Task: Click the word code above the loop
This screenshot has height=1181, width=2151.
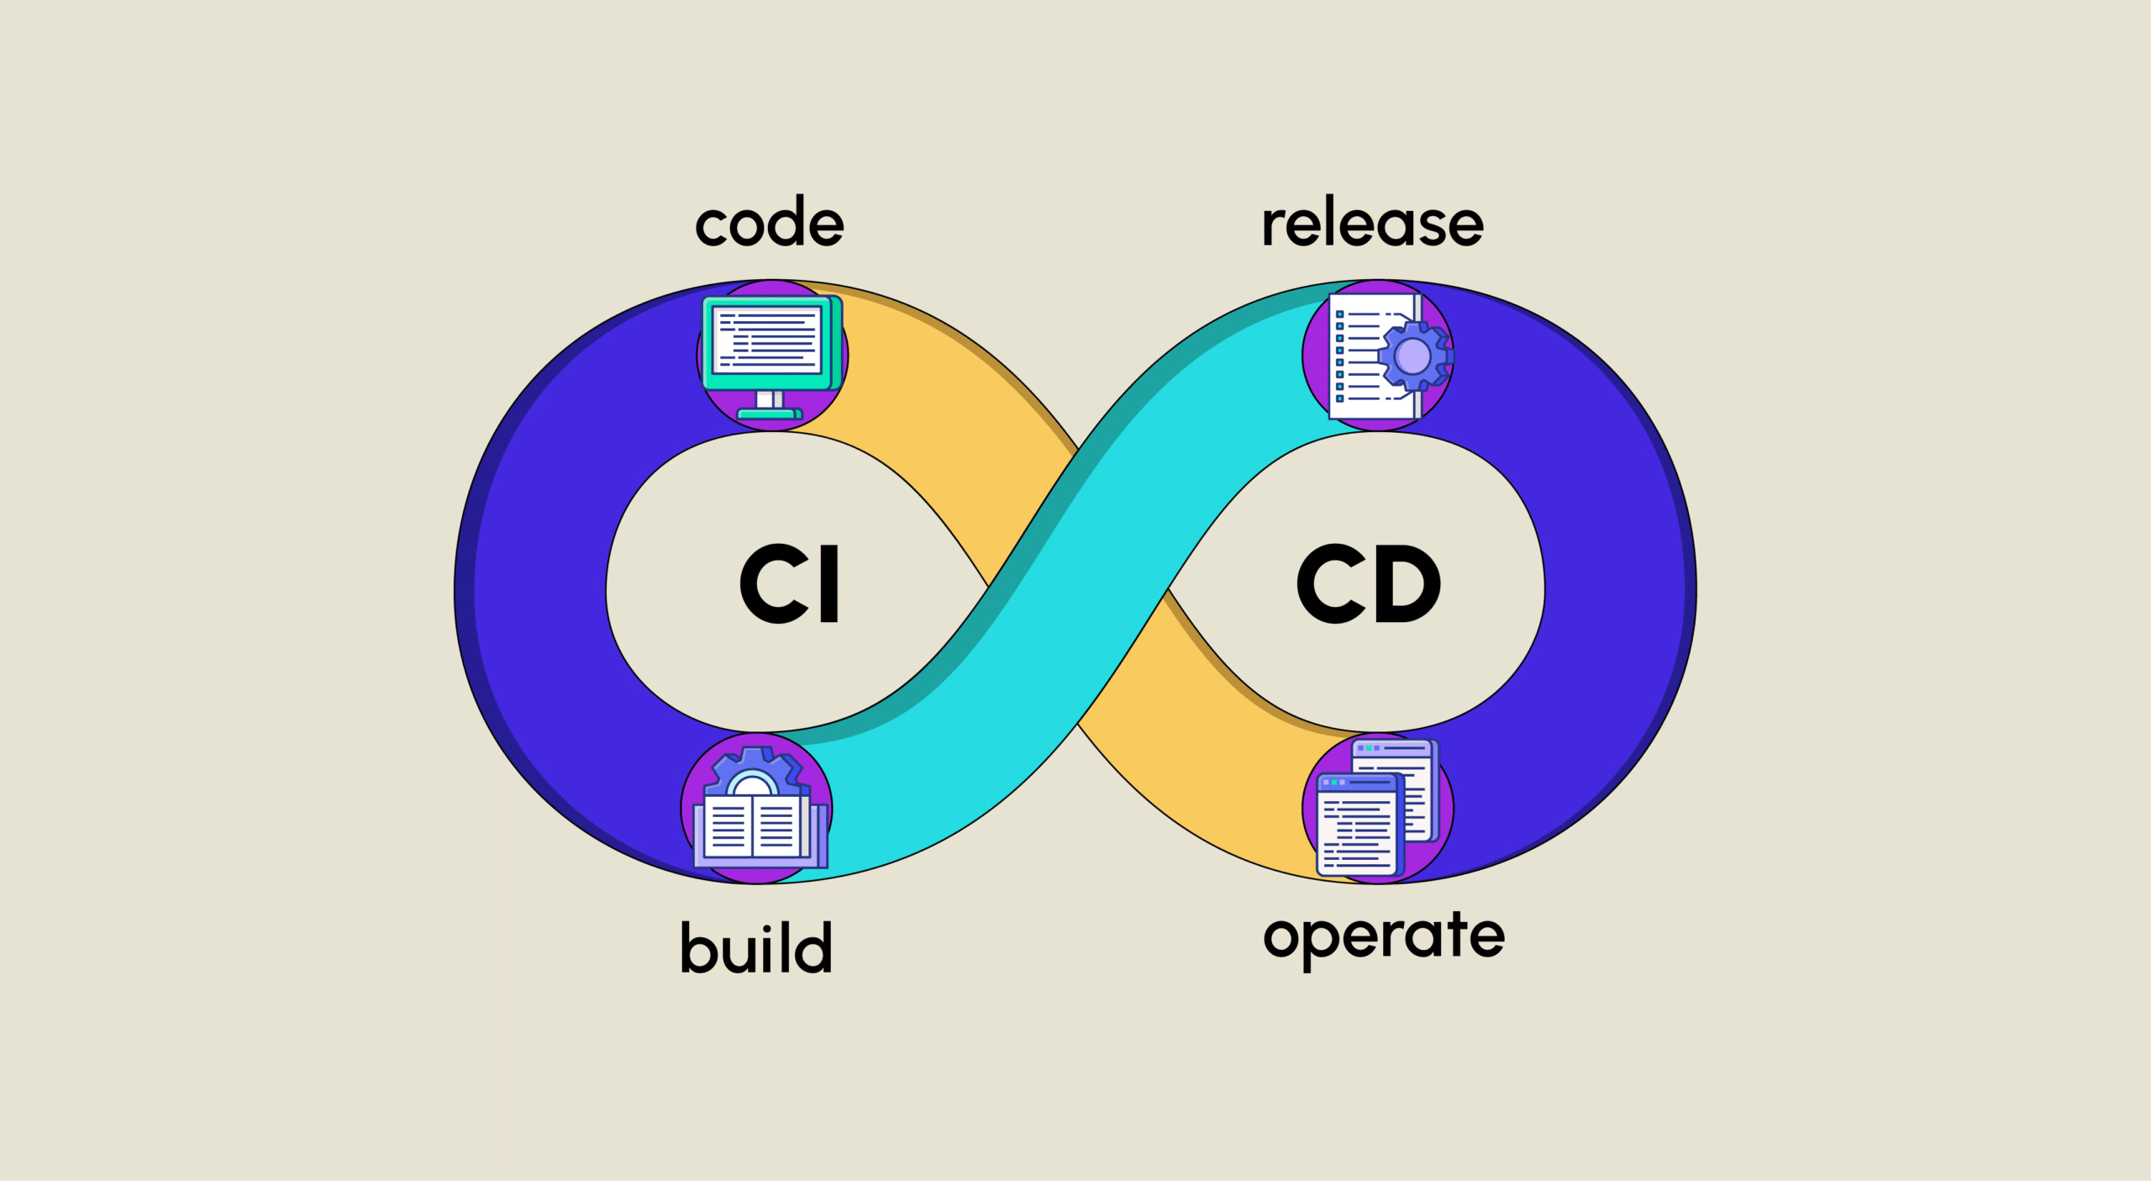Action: (x=770, y=224)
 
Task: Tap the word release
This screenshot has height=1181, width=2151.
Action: (x=1372, y=224)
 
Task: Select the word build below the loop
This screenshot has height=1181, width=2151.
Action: (x=756, y=948)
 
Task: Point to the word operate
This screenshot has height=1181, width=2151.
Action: (x=1384, y=937)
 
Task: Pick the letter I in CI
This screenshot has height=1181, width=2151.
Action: (x=828, y=583)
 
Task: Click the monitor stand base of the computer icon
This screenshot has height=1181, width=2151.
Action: (x=770, y=414)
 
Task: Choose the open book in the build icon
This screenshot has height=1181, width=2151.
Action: (x=753, y=828)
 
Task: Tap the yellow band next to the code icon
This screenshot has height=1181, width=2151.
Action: (x=924, y=370)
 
